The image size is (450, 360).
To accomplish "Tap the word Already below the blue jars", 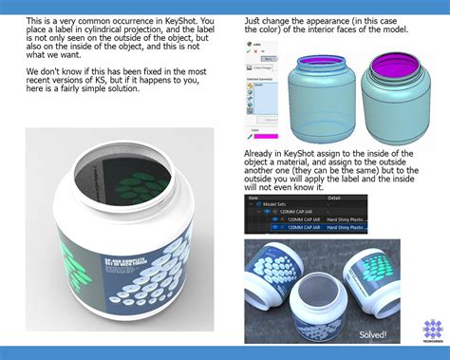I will [263, 153].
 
